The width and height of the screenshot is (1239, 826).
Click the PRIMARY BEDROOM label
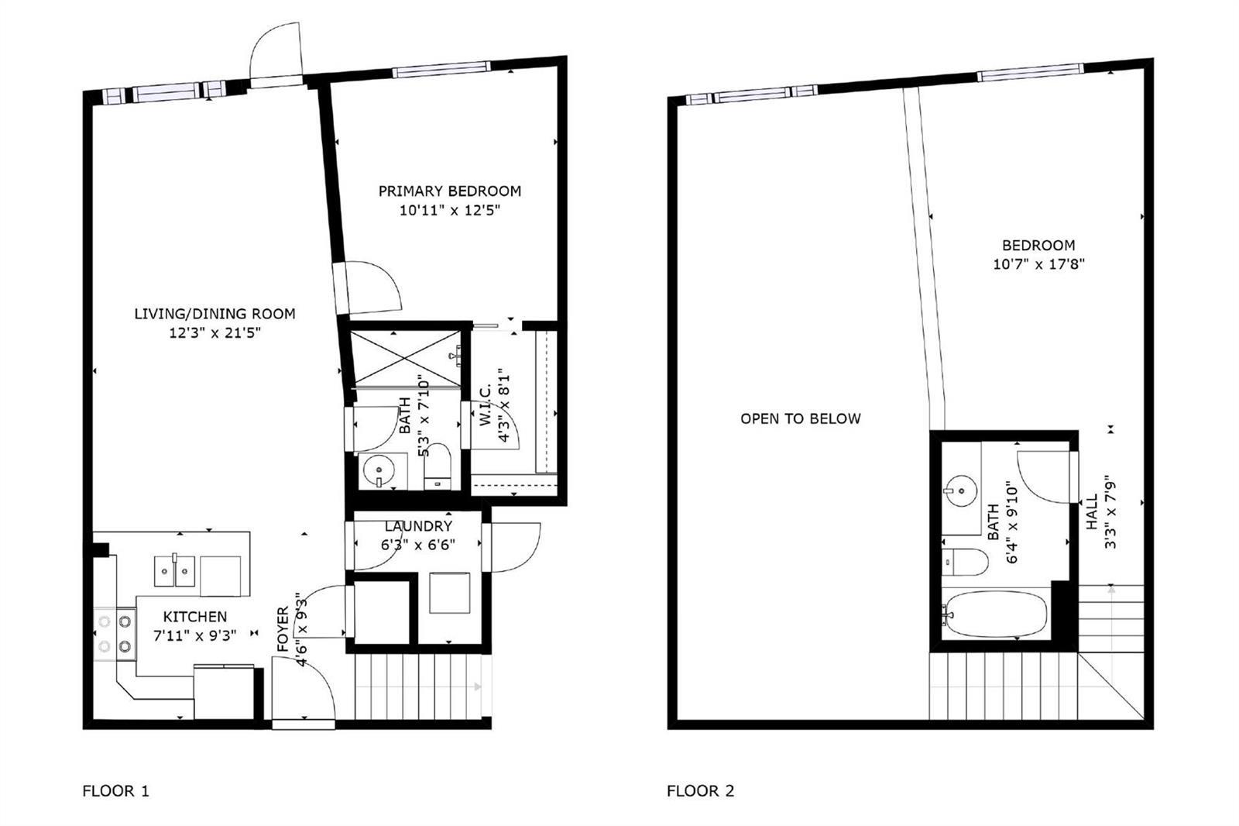click(450, 191)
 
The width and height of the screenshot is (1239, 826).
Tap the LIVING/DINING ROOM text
click(215, 314)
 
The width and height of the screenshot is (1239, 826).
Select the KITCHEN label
click(194, 617)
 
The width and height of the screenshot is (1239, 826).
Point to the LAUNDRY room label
click(418, 526)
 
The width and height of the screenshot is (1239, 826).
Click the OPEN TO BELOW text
click(801, 418)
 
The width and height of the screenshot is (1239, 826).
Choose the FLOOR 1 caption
click(115, 791)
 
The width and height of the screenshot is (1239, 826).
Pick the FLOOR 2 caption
click(700, 791)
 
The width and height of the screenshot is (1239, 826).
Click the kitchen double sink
click(174, 571)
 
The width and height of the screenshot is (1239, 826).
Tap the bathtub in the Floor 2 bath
click(995, 614)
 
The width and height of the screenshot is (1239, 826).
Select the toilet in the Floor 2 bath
click(965, 562)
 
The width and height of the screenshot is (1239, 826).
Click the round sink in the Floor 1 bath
click(379, 470)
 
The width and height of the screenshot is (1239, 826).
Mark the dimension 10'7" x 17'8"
click(1038, 264)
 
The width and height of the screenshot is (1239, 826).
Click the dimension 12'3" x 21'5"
click(215, 333)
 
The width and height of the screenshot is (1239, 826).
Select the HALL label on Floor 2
click(1092, 512)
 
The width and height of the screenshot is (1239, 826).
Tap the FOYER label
click(283, 629)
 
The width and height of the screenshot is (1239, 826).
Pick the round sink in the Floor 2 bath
click(961, 491)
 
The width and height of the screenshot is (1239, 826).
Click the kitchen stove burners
click(115, 634)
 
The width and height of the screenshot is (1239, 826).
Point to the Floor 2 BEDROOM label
click(1038, 246)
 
